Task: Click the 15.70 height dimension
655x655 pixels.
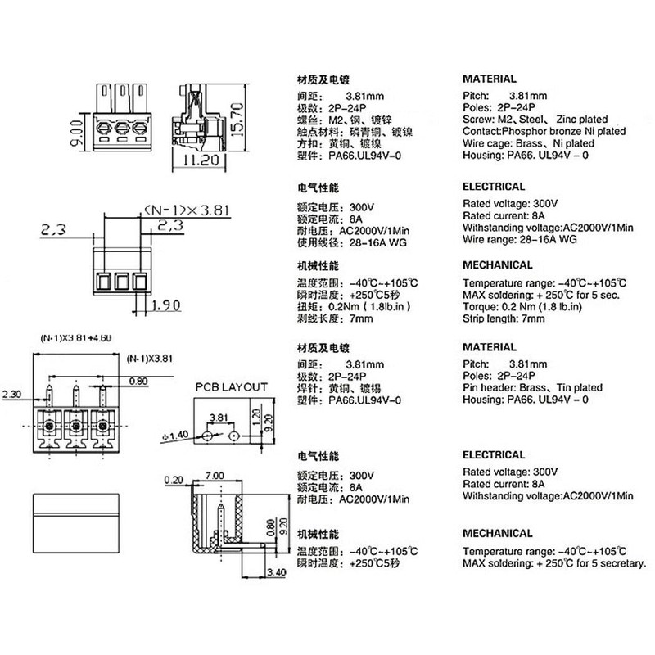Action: pyautogui.click(x=237, y=120)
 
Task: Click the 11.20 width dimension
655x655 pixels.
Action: pyautogui.click(x=201, y=160)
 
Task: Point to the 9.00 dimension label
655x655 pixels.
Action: pyautogui.click(x=76, y=133)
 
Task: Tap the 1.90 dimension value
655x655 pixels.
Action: pyautogui.click(x=165, y=305)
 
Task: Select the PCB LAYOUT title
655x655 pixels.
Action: pyautogui.click(x=232, y=387)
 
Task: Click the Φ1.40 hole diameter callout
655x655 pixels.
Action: pyautogui.click(x=175, y=436)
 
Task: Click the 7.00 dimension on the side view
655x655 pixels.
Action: pyautogui.click(x=215, y=476)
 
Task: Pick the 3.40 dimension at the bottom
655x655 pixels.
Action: pyautogui.click(x=276, y=571)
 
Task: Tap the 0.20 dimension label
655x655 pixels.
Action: pyautogui.click(x=174, y=481)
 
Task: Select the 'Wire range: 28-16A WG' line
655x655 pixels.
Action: pyautogui.click(x=520, y=240)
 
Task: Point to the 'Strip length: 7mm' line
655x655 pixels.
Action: pyautogui.click(x=504, y=318)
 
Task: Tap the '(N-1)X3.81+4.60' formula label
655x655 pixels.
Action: pyautogui.click(x=76, y=338)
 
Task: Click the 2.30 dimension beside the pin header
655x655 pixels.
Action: pyautogui.click(x=11, y=395)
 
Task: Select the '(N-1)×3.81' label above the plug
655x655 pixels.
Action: pyautogui.click(x=187, y=210)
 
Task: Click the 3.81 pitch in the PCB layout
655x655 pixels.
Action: pyautogui.click(x=219, y=418)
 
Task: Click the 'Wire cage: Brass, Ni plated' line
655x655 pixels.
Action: pyautogui.click(x=528, y=144)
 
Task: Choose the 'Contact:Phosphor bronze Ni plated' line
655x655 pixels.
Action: pyautogui.click(x=544, y=132)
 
